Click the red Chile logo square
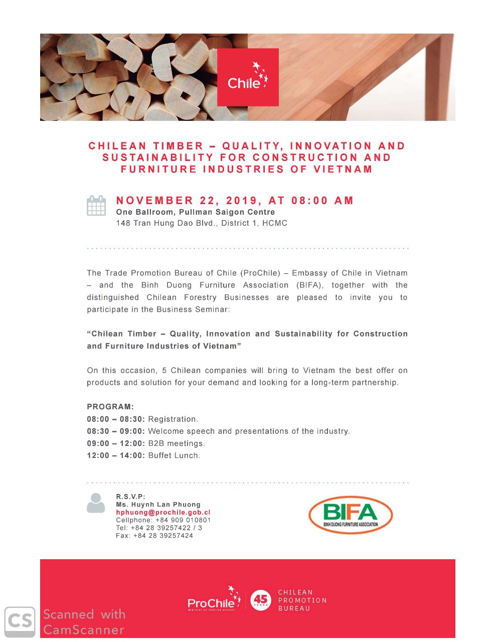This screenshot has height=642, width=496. click(248, 77)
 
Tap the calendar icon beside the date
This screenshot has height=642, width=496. click(96, 206)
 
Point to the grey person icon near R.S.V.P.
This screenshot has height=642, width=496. click(96, 503)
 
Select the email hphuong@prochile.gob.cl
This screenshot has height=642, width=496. click(162, 512)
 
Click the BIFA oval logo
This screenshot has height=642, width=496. click(350, 514)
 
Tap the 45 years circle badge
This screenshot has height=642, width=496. click(261, 600)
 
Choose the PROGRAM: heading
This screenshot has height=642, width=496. click(110, 407)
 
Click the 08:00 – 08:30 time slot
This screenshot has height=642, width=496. click(116, 419)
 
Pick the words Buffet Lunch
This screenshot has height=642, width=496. click(174, 456)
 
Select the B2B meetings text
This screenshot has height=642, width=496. click(177, 443)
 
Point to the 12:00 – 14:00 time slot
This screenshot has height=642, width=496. click(116, 456)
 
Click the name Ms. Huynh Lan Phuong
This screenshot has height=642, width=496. click(158, 505)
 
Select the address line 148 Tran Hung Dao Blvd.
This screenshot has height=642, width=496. click(202, 223)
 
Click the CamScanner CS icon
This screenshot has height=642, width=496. click(20, 622)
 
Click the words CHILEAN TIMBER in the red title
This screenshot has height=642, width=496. click(145, 146)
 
